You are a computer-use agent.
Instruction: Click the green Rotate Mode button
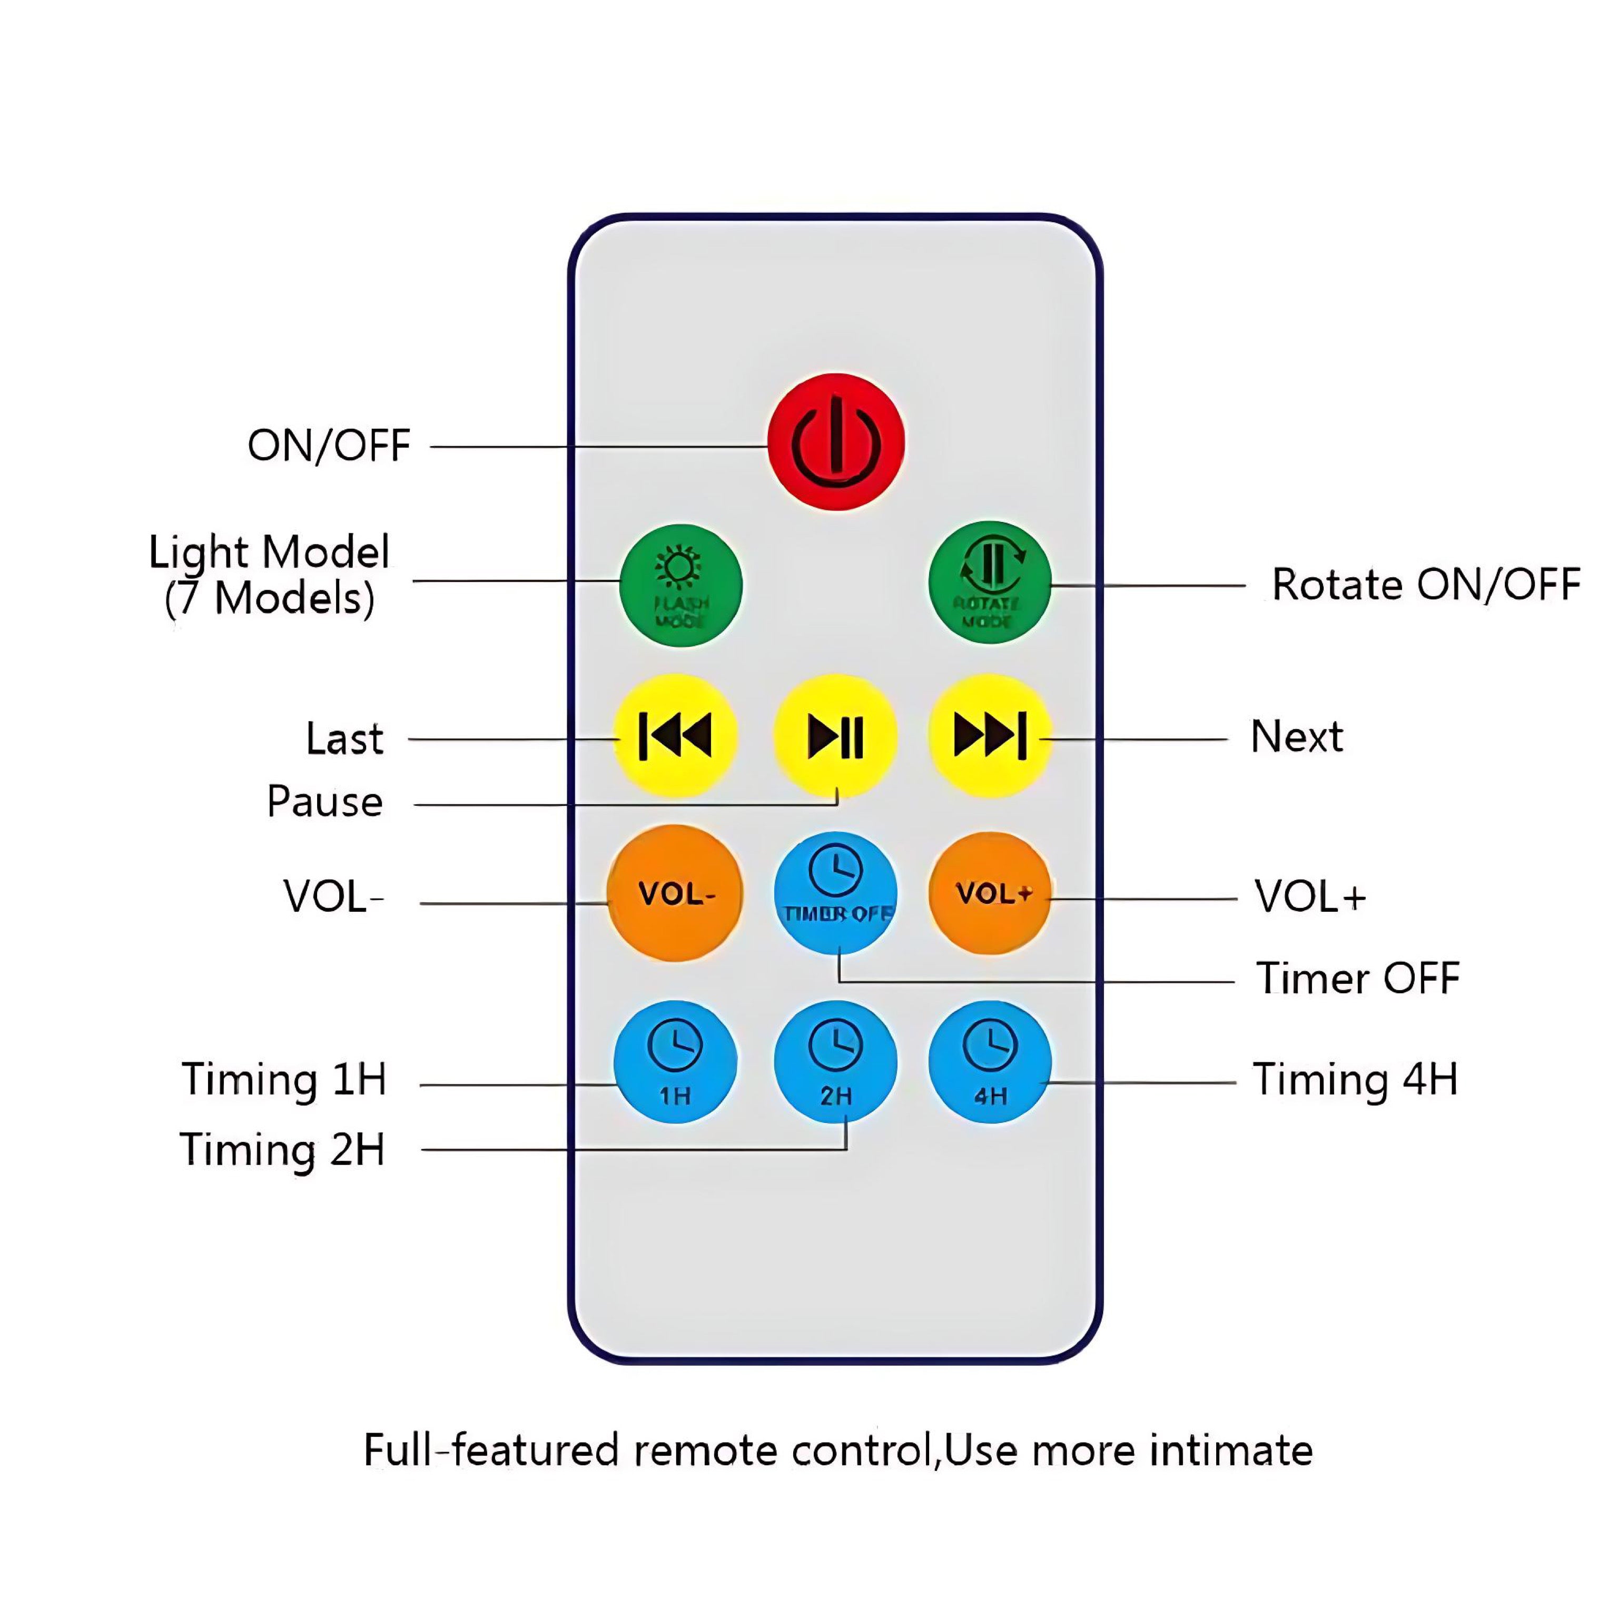(x=989, y=583)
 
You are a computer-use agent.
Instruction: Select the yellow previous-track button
(x=675, y=736)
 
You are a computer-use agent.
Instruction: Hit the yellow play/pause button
(x=835, y=736)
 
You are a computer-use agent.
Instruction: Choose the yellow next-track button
(x=990, y=736)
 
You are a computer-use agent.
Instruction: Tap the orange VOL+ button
(x=990, y=894)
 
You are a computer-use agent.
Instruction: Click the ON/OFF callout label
(x=328, y=446)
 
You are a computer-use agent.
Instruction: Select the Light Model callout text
(x=269, y=575)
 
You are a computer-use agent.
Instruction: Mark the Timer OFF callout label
(x=1357, y=978)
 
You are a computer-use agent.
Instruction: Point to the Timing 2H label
(x=283, y=1149)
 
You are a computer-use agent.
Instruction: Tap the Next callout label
(x=1296, y=737)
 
